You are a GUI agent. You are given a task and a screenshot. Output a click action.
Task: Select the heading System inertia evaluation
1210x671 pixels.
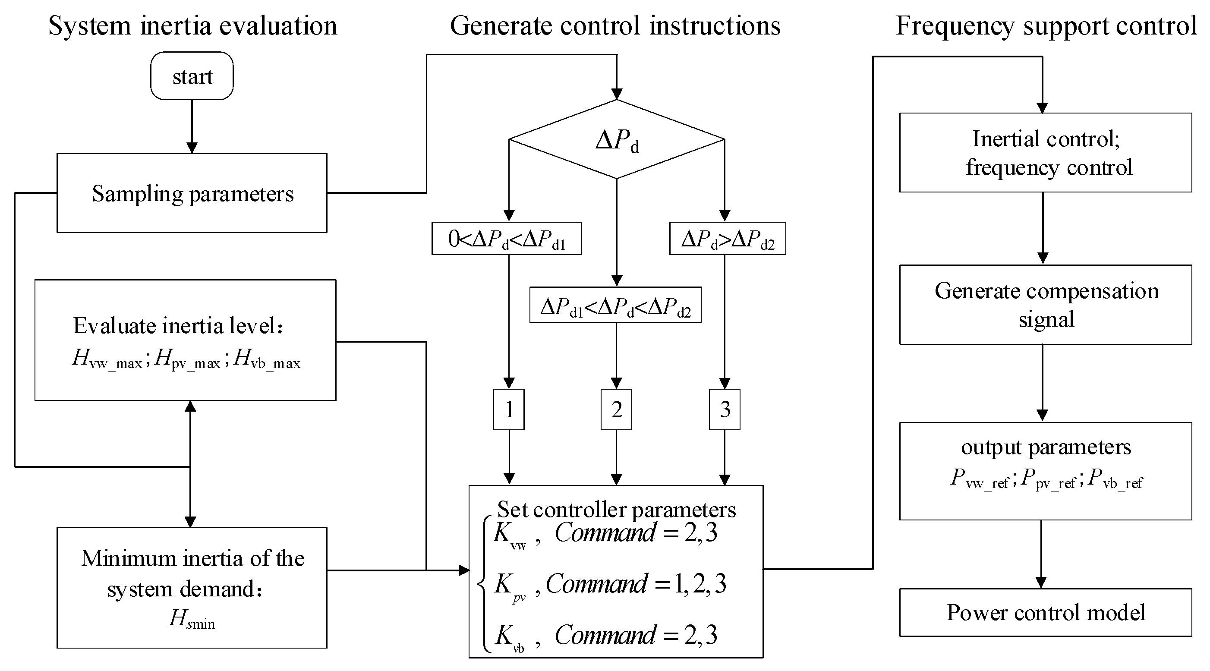192,26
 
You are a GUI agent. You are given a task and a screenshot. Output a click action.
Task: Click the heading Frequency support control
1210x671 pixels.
1046,26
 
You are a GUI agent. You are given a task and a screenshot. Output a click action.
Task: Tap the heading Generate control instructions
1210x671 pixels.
615,26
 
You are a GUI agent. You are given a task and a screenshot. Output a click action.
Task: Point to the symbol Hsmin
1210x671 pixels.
192,619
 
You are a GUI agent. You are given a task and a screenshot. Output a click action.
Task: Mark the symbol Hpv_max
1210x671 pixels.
187,360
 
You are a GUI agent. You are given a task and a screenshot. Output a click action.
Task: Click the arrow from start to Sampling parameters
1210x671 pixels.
192,126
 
